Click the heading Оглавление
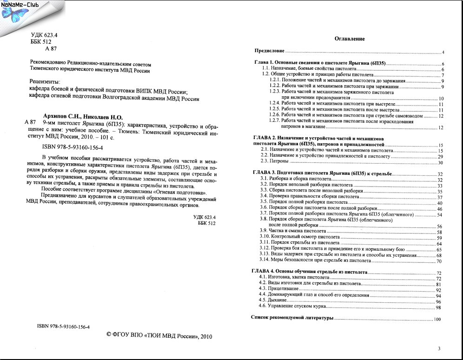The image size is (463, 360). point(350,39)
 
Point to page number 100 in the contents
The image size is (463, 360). point(437,319)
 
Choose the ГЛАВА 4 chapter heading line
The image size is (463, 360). point(310,271)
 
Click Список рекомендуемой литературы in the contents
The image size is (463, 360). point(292,318)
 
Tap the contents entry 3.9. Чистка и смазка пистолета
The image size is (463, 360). point(292,231)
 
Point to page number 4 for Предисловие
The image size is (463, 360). point(443,52)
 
